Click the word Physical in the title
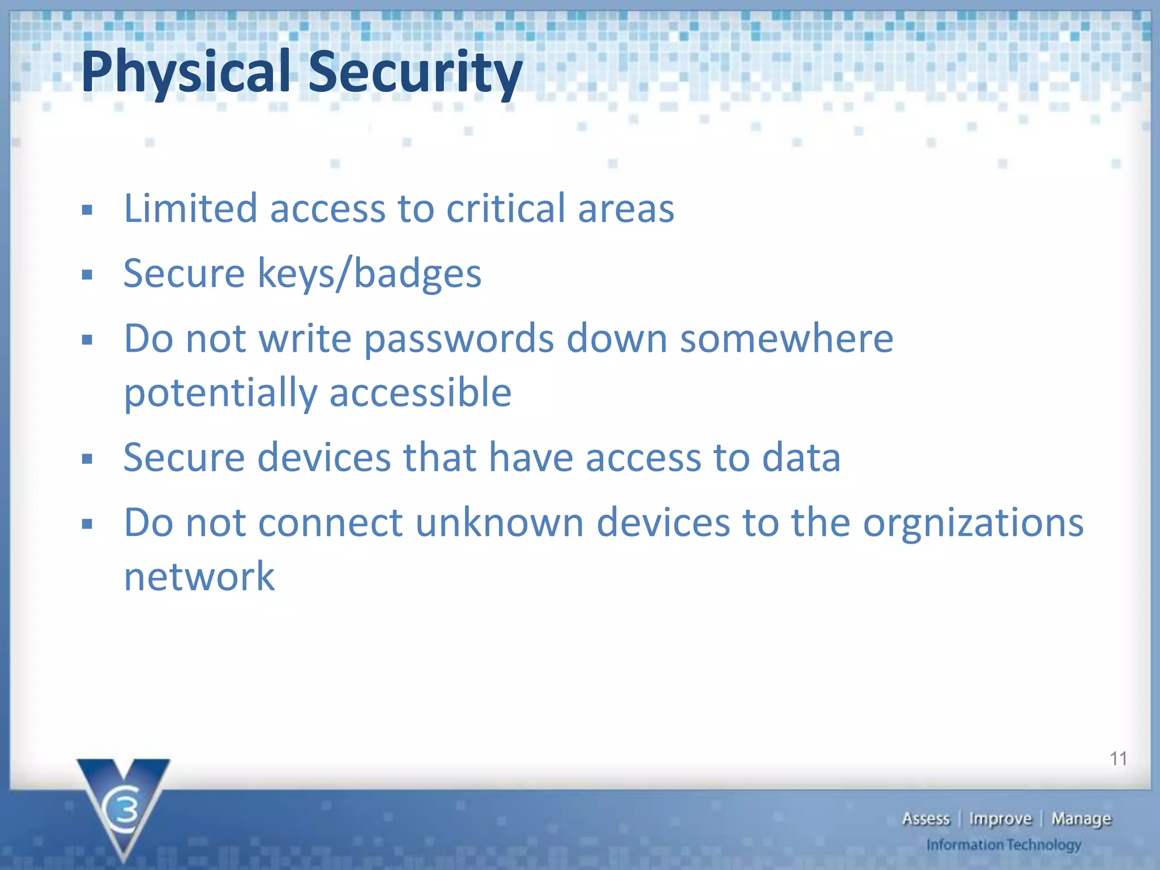[x=185, y=72]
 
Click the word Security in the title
[x=415, y=72]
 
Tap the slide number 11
[x=1118, y=758]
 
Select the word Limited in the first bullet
[x=190, y=208]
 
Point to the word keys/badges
[x=369, y=274]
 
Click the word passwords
[x=459, y=339]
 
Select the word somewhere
[x=786, y=339]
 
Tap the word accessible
[x=420, y=393]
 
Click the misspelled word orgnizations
[x=973, y=523]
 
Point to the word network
[x=199, y=576]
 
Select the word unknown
[x=499, y=522]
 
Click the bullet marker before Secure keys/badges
[x=87, y=276]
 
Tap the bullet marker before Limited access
[x=87, y=211]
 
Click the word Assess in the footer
[x=926, y=819]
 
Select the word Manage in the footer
[x=1081, y=819]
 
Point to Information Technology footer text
[x=1003, y=845]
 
